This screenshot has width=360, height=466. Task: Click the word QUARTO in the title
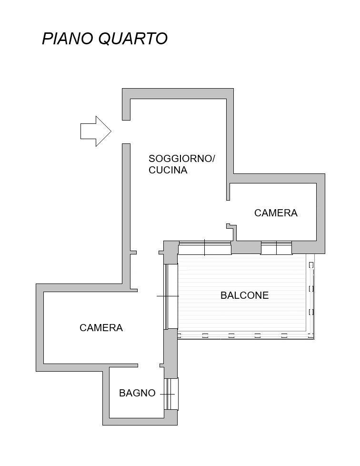pyautogui.click(x=133, y=39)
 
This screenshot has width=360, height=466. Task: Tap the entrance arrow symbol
pyautogui.click(x=96, y=131)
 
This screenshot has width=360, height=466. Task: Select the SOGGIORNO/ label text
pyautogui.click(x=181, y=158)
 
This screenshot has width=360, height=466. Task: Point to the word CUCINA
pyautogui.click(x=168, y=170)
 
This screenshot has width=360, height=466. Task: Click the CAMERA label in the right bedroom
pyautogui.click(x=276, y=213)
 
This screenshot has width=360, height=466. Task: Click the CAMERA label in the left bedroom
pyautogui.click(x=101, y=327)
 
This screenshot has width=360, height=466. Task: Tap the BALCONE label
pyautogui.click(x=244, y=295)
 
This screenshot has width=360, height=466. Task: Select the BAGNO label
pyautogui.click(x=137, y=393)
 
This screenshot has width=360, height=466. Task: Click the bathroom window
pyautogui.click(x=171, y=394)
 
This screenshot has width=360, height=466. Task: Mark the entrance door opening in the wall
pyautogui.click(x=126, y=132)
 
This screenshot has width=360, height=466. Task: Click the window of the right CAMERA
pyautogui.click(x=276, y=248)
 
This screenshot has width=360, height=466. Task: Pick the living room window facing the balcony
pyautogui.click(x=205, y=248)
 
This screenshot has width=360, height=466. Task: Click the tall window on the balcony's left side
pyautogui.click(x=170, y=296)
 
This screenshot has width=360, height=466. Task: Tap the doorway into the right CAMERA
pyautogui.click(x=228, y=212)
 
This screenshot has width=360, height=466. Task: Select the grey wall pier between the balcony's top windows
pyautogui.click(x=246, y=247)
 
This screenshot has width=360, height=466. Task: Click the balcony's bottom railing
pyautogui.click(x=246, y=335)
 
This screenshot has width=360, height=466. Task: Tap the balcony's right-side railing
pyautogui.click(x=310, y=296)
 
